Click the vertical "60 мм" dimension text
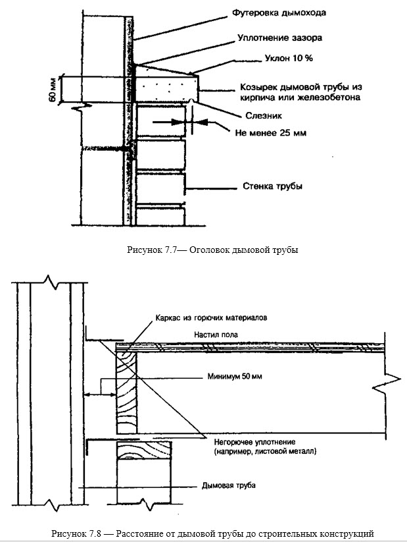tap(53, 88)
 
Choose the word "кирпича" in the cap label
tap(237, 98)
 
